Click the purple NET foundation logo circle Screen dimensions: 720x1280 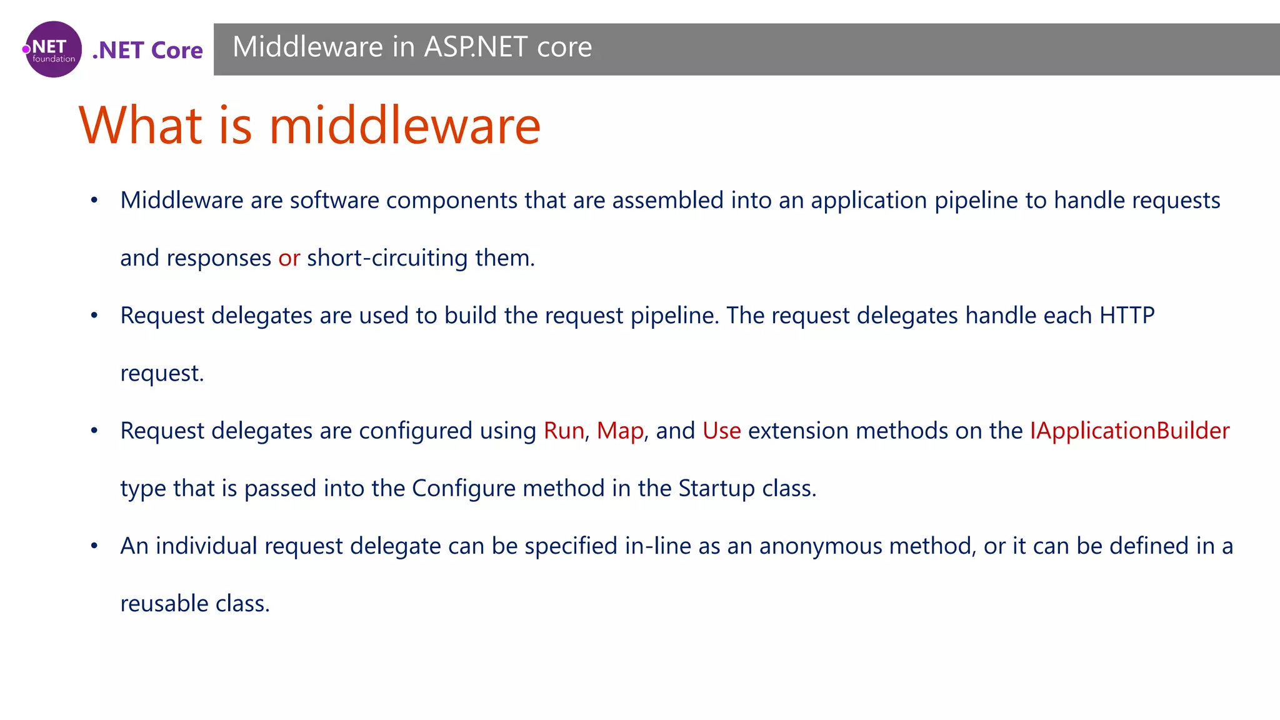[53, 49]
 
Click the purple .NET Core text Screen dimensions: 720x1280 [147, 50]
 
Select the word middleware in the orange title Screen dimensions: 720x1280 [404, 125]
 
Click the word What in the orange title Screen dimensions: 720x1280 [141, 125]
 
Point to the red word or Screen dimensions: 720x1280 [289, 257]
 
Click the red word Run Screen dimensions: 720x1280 [564, 431]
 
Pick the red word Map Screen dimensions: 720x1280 [620, 431]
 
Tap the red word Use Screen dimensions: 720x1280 [721, 431]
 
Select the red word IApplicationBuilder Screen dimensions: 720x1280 [1129, 431]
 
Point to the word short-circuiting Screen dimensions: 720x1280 [387, 257]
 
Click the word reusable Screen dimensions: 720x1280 [164, 604]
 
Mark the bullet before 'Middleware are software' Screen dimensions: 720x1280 [94, 201]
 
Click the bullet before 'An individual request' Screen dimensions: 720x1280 [94, 546]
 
